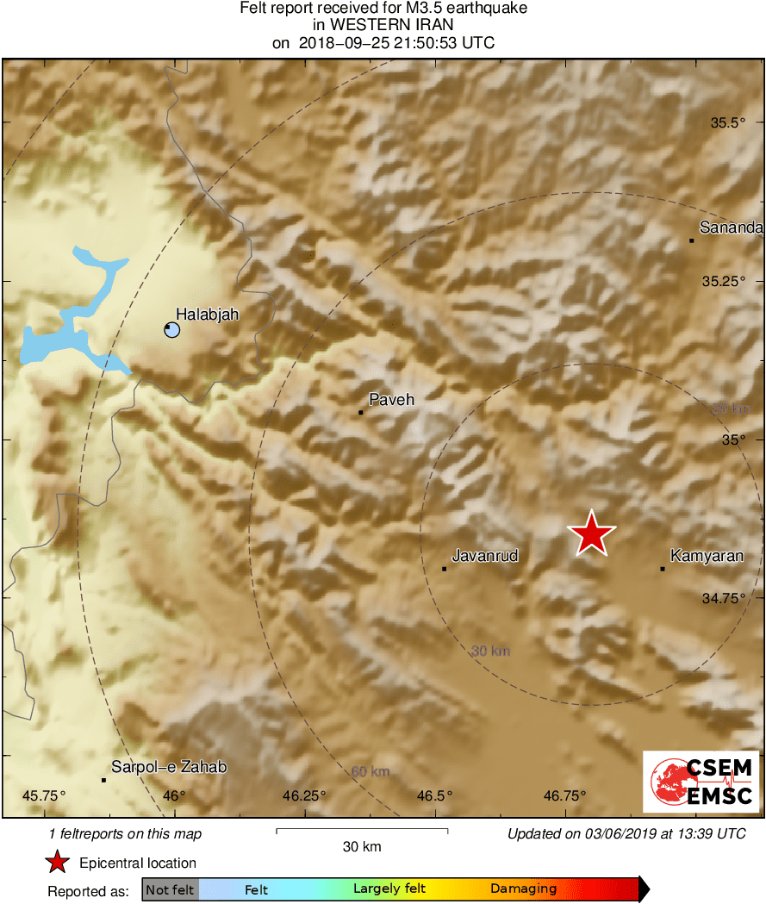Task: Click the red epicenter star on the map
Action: pos(591,533)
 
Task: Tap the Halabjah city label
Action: pos(207,315)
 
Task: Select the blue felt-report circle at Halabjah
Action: pos(171,329)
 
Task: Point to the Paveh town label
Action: pos(391,400)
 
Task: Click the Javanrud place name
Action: pos(486,556)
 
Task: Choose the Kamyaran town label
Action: pos(706,557)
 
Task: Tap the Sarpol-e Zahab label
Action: pos(169,767)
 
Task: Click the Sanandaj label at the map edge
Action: pos(731,228)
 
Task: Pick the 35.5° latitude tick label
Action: pos(728,122)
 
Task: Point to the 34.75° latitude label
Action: pos(721,598)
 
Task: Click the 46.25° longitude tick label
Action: pos(304,795)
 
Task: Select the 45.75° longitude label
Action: pos(44,795)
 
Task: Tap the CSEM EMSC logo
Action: pos(701,782)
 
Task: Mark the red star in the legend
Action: pos(57,862)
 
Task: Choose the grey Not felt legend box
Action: pos(170,888)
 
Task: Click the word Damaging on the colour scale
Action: pos(524,888)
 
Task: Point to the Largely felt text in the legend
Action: pos(388,888)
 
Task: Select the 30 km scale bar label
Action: pos(361,846)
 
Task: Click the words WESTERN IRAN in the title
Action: pos(383,25)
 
